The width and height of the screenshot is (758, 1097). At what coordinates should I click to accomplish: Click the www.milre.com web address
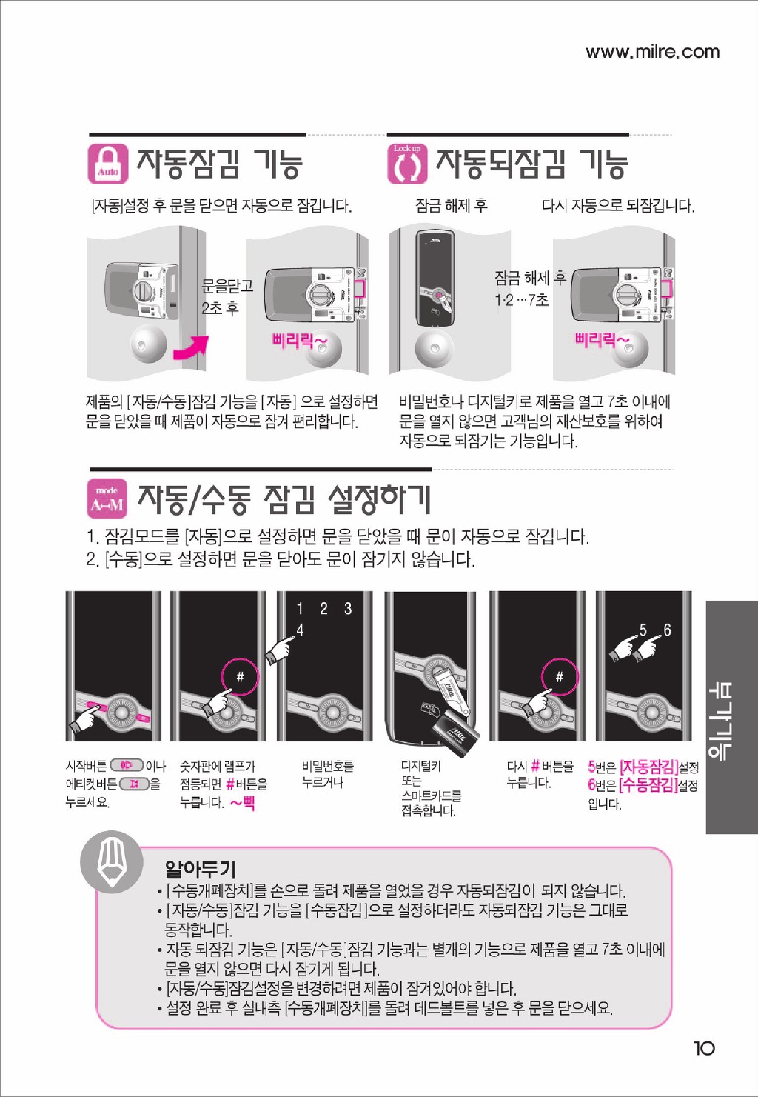click(652, 52)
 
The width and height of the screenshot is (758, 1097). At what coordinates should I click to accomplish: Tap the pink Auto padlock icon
click(108, 164)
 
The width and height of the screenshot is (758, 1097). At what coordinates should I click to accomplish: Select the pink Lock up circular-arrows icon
click(407, 164)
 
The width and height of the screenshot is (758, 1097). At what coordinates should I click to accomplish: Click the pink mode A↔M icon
click(107, 499)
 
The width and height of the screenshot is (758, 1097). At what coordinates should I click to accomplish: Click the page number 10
click(704, 1049)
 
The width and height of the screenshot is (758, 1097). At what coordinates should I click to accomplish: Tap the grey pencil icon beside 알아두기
click(112, 861)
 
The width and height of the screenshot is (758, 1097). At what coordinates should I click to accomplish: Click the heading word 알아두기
click(201, 870)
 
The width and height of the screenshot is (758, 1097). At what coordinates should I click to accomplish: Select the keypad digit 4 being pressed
click(300, 630)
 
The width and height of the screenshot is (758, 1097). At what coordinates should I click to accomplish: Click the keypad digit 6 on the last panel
click(667, 630)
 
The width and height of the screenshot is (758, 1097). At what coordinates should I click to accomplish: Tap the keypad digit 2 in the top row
click(323, 608)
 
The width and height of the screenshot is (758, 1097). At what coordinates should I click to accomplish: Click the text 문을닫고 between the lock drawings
click(227, 286)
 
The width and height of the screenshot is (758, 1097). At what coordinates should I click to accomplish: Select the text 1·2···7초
click(522, 300)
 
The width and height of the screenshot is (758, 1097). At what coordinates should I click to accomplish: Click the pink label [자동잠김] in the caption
click(649, 767)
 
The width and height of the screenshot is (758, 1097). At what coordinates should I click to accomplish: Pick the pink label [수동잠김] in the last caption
click(649, 786)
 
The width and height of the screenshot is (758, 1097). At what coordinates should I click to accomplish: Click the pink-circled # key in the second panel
click(240, 677)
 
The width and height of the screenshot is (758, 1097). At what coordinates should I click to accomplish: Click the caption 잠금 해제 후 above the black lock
click(452, 205)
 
